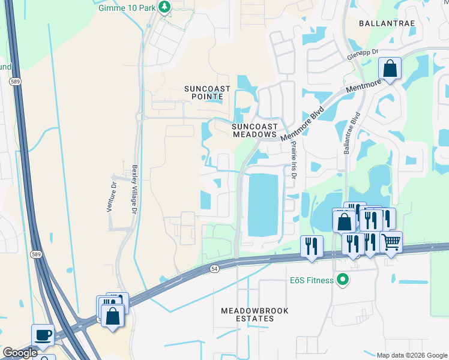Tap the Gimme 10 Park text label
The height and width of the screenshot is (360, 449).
pos(127,7)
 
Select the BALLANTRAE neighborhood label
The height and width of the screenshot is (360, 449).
pos(385,23)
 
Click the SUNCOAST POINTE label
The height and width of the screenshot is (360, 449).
pos(207,92)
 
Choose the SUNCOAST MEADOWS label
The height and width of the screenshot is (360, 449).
pos(255,130)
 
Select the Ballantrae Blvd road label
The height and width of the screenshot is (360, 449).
pos(352,133)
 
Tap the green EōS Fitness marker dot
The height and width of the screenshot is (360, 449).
pos(343,280)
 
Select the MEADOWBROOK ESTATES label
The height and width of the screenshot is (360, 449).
pos(255,314)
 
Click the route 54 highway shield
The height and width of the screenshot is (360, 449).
pos(214,269)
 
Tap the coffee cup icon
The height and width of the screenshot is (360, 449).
pos(42,335)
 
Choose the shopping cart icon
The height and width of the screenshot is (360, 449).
pos(391,242)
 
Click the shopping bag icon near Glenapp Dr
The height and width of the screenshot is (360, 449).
pos(390,68)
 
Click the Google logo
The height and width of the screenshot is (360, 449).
pos(20,353)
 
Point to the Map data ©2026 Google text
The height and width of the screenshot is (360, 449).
pos(411,355)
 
